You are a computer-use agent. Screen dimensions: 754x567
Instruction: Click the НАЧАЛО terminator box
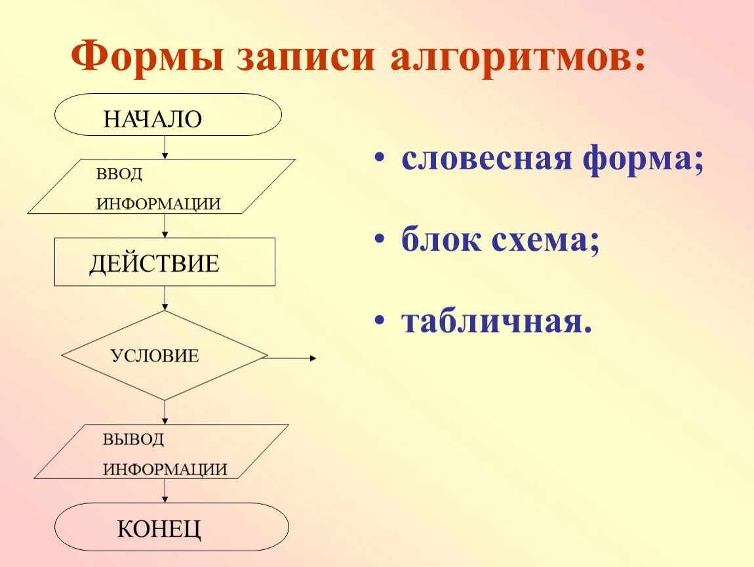point(168,115)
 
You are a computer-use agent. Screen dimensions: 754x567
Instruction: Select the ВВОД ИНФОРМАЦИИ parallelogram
point(161,186)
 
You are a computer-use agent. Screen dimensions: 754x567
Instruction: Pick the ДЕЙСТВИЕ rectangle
point(165,262)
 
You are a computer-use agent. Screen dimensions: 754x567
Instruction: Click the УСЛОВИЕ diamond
point(164,356)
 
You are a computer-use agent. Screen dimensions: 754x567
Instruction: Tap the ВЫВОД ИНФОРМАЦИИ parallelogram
point(161,451)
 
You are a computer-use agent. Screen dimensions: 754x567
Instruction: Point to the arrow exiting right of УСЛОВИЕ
point(292,358)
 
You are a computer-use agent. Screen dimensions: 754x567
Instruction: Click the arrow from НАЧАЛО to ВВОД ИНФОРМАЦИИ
point(165,147)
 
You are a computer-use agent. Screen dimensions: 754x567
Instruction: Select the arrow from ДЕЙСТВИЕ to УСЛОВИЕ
point(165,298)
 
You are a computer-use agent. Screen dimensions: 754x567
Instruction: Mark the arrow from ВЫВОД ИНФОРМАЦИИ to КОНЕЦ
point(165,491)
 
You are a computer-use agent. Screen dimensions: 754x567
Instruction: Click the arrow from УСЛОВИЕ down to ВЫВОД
point(165,412)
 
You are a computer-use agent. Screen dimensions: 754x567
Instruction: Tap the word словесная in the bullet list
point(488,159)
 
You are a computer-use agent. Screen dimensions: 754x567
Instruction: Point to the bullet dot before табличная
point(379,322)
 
